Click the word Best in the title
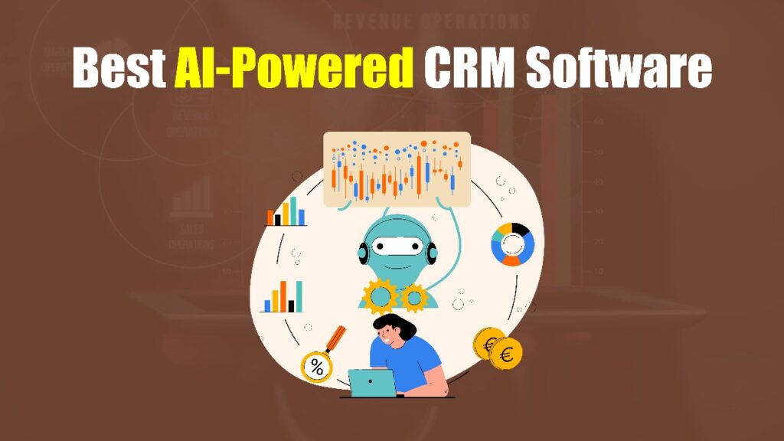(x=117, y=69)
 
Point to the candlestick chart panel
(x=396, y=169)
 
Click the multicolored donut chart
(x=512, y=244)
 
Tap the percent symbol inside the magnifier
(x=315, y=367)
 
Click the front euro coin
(x=506, y=353)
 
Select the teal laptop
(x=371, y=382)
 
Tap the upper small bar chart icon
(x=286, y=212)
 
